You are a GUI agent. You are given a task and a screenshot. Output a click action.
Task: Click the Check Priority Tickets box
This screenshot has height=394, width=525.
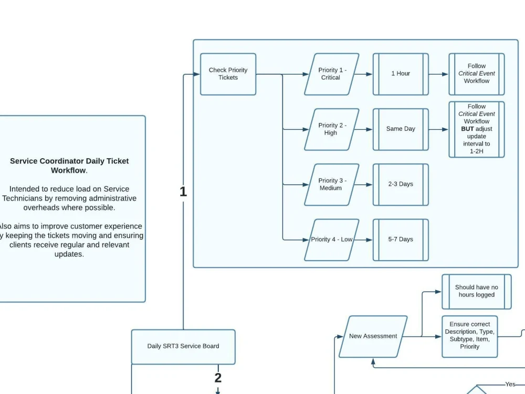pos(228,74)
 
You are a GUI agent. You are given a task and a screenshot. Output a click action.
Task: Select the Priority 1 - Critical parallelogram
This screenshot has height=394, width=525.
pos(332,74)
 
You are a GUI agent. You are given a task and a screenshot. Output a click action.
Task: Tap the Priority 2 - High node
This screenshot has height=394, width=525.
pos(332,129)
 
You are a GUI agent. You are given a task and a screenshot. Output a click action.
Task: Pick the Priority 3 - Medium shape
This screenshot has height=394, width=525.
pos(332,184)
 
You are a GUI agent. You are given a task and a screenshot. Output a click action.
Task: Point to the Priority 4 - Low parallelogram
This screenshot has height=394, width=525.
pos(332,240)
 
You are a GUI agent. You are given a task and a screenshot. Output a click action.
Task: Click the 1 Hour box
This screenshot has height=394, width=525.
pos(401,74)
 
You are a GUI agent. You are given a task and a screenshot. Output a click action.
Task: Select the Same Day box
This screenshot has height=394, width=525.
pos(401,129)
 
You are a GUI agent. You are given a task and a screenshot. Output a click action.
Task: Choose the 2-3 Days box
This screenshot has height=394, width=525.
pos(401,184)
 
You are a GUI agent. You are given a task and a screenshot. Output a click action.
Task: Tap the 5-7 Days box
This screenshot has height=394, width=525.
pos(401,240)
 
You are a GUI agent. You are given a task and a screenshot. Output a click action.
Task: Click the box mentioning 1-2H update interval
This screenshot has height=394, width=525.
pos(477,129)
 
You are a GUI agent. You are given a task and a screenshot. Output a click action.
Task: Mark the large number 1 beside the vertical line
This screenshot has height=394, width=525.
pos(183,192)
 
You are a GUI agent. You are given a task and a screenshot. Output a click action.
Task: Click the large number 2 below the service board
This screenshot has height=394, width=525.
pos(218,378)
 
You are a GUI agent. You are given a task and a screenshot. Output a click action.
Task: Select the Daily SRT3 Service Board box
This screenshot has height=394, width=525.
pos(183,347)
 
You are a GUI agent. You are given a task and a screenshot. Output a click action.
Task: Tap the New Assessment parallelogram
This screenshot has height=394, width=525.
pos(373,337)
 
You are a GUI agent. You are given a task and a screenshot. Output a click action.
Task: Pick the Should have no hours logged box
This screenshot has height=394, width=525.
pos(476,292)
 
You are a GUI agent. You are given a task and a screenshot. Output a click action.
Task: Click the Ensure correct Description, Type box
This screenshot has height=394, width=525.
pos(469,336)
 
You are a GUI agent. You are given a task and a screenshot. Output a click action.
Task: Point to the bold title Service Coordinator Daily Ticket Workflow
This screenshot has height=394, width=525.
pos(69,166)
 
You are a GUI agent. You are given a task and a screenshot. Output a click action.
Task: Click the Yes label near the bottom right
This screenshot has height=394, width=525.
pos(510,385)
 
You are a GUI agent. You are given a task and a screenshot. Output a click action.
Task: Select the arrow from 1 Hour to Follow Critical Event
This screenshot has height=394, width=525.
pos(438,74)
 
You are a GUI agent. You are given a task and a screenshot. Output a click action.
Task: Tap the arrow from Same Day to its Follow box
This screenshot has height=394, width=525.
pos(438,129)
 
